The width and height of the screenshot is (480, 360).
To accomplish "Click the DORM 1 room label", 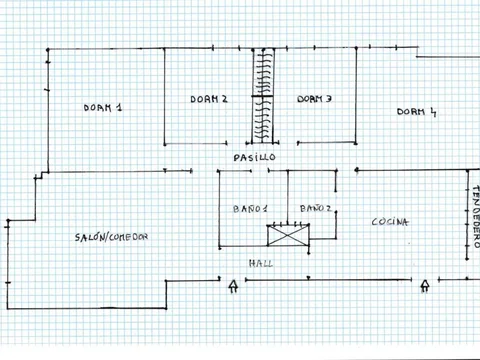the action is pyautogui.click(x=103, y=107).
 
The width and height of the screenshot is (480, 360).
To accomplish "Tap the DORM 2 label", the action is pyautogui.click(x=209, y=99).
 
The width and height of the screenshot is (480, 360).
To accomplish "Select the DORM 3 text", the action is pyautogui.click(x=314, y=99).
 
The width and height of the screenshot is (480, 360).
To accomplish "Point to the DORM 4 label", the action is pyautogui.click(x=416, y=112).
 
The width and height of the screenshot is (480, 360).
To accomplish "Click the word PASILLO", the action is pyautogui.click(x=254, y=157).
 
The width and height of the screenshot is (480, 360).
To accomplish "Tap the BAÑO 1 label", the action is pyautogui.click(x=250, y=209).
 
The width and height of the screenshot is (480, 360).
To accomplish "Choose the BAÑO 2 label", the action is pyautogui.click(x=315, y=208).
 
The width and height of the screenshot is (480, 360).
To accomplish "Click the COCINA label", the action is pyautogui.click(x=390, y=222).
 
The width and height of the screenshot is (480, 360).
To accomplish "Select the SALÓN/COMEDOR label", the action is pyautogui.click(x=111, y=237).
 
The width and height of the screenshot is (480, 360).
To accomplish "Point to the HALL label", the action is pyautogui.click(x=261, y=264).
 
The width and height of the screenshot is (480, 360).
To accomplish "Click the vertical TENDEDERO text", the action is pyautogui.click(x=476, y=217).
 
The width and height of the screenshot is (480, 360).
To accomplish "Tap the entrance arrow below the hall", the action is pyautogui.click(x=233, y=286).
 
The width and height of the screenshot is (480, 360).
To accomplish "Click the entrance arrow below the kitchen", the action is pyautogui.click(x=425, y=286).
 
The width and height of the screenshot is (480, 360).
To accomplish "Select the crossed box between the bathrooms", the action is pyautogui.click(x=288, y=236).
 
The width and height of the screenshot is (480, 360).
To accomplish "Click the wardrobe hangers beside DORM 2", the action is pyautogui.click(x=263, y=96).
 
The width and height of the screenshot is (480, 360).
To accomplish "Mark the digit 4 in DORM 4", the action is pyautogui.click(x=433, y=112).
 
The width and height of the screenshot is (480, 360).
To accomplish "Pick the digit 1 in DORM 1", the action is pyautogui.click(x=119, y=107).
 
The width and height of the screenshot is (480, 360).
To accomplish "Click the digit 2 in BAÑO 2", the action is pyautogui.click(x=328, y=208).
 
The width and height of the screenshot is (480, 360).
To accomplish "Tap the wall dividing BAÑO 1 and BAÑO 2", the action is pyautogui.click(x=288, y=197).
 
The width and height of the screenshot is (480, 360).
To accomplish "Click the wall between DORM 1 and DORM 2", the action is pyautogui.click(x=164, y=97).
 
